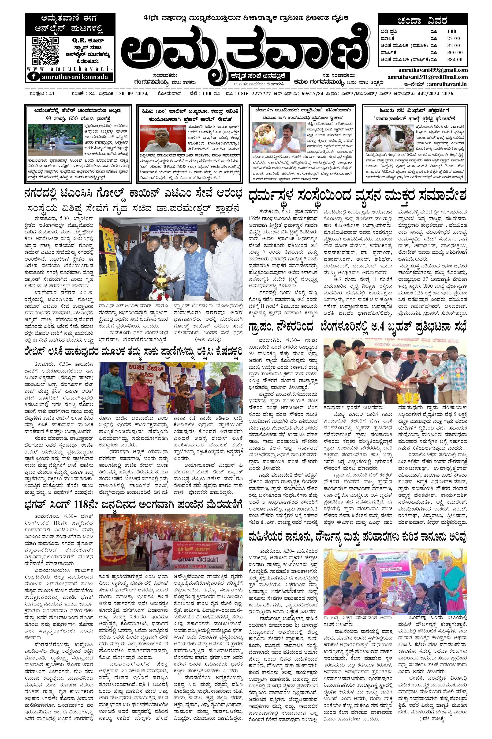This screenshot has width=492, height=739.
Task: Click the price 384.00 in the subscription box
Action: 455,59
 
